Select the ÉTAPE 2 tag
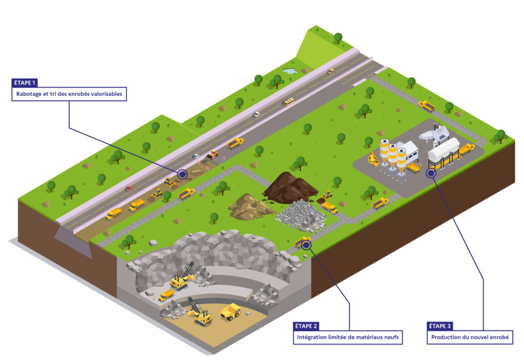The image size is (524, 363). coord(307,326)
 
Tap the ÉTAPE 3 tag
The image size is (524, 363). coord(440,326)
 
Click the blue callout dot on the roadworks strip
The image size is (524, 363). coord(182,174)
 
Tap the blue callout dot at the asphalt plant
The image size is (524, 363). coord(431,173)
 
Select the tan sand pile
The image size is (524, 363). coord(249,206)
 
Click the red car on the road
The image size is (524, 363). coord(128,189)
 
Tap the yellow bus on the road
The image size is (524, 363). coord(289,102)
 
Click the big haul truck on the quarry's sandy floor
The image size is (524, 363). coord(230,311)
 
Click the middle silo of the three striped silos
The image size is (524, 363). coord(392,154)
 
